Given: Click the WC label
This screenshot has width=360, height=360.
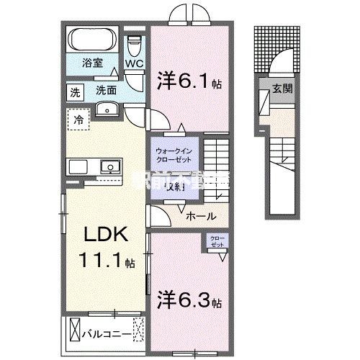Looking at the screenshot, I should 135,63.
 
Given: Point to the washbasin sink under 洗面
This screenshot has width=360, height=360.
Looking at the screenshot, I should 109,108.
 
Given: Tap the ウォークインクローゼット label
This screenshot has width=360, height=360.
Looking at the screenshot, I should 175,155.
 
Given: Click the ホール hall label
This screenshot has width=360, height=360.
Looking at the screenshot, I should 200,215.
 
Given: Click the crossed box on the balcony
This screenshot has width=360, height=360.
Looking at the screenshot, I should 76,333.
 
